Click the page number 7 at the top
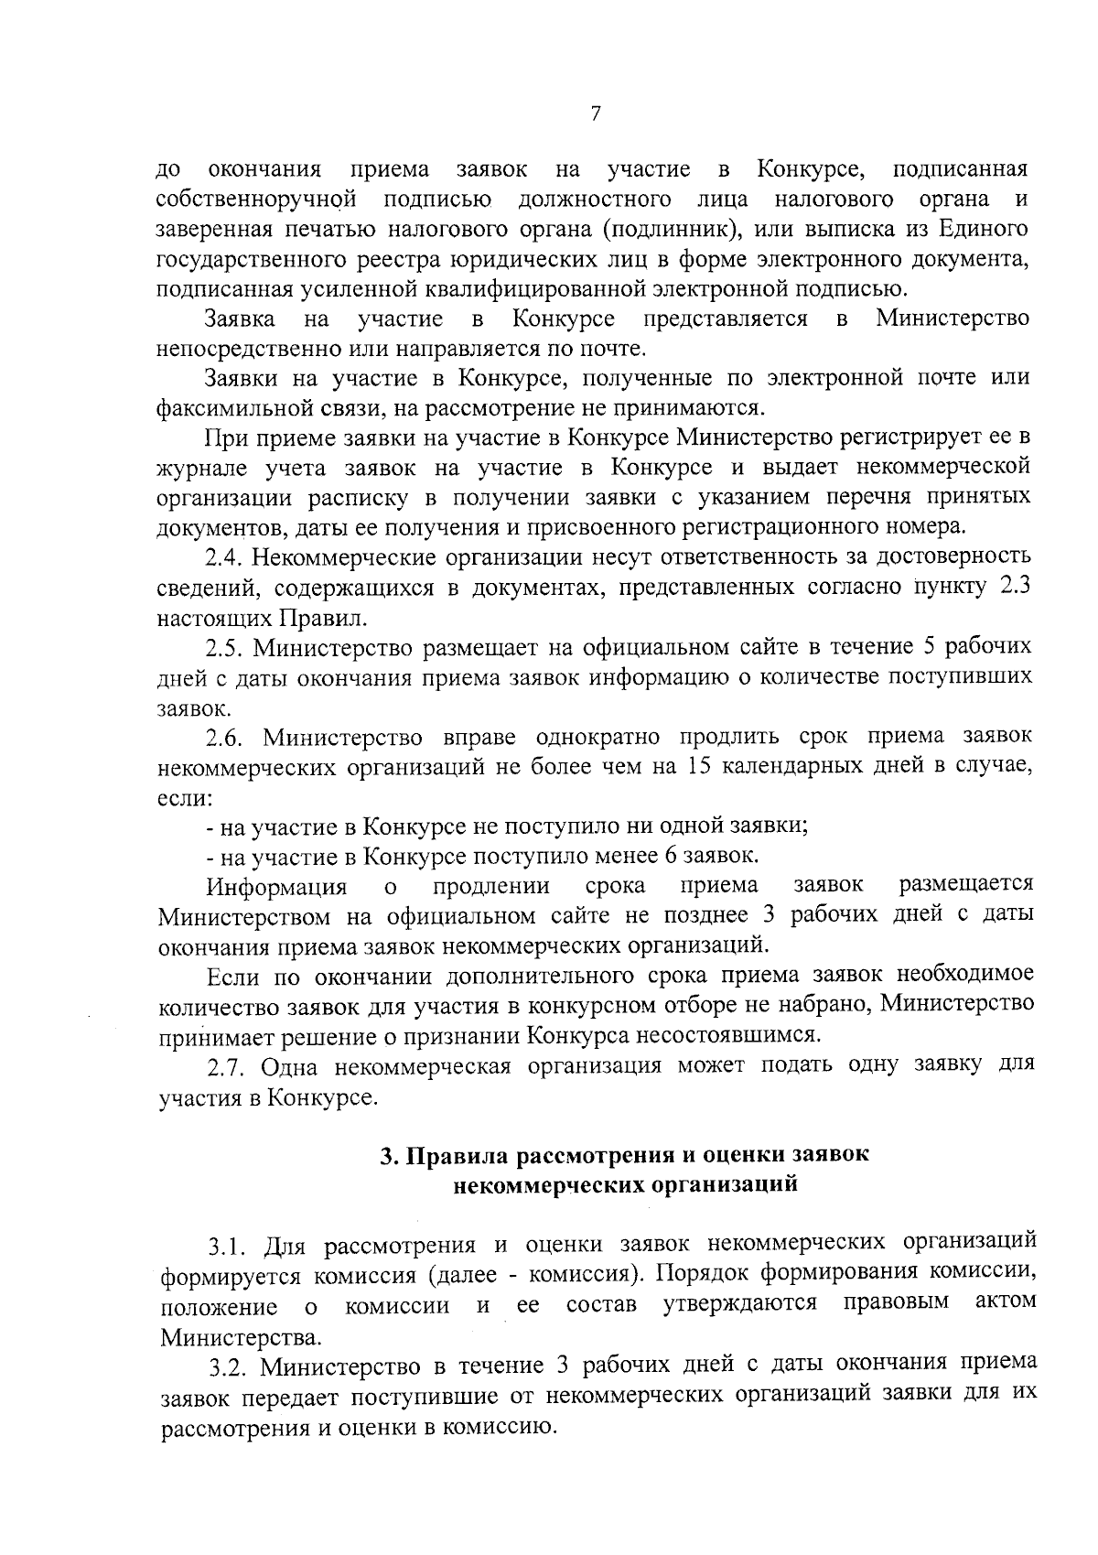(596, 113)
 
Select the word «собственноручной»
(256, 200)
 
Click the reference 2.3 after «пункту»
(1016, 586)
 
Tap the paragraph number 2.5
(223, 647)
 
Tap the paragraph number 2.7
(224, 1067)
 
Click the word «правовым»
(896, 1302)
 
